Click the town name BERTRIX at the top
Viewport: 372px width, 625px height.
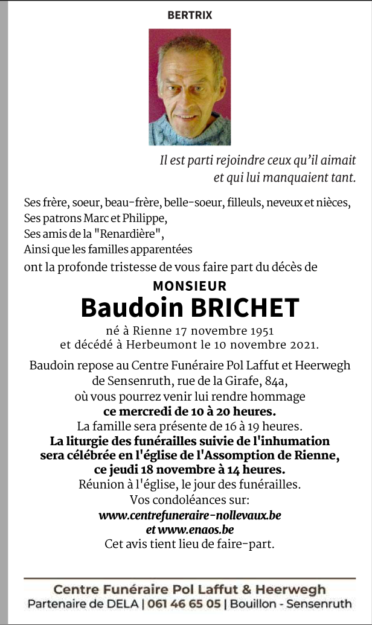[x=190, y=16]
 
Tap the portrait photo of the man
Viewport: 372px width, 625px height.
[x=190, y=87]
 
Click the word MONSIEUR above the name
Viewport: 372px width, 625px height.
[x=190, y=286]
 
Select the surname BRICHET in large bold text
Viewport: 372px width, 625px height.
[x=245, y=308]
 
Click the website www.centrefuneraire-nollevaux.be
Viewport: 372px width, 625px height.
[x=190, y=515]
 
